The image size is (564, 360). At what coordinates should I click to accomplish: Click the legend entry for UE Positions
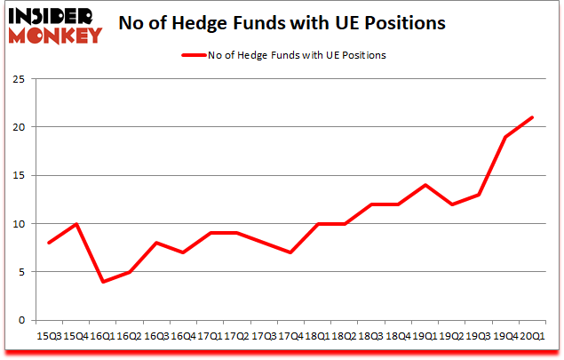coord(283,54)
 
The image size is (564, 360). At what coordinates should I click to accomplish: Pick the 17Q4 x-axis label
coord(290,336)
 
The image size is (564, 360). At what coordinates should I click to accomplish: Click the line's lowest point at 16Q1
coord(103,282)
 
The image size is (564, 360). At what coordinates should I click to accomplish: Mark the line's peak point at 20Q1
coord(532,117)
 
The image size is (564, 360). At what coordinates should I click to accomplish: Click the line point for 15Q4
coord(77,223)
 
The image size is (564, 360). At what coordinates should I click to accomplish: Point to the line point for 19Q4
coord(505,137)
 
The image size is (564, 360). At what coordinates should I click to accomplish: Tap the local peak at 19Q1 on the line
coord(425,185)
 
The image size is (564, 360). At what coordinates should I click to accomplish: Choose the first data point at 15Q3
coord(50,243)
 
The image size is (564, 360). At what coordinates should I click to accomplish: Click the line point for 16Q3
coord(157,243)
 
